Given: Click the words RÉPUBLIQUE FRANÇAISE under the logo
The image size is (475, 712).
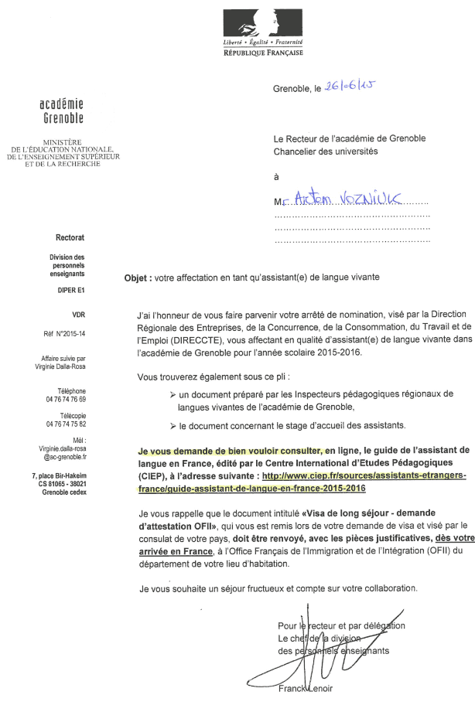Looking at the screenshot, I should pyautogui.click(x=263, y=53).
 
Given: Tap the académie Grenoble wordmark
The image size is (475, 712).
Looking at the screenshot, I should pyautogui.click(x=61, y=111).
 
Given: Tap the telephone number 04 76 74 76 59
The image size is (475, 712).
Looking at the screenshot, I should pyautogui.click(x=66, y=399).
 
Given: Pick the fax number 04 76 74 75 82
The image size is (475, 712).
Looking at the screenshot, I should pyautogui.click(x=66, y=424).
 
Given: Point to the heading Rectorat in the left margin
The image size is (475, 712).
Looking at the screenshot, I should pyautogui.click(x=70, y=239).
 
